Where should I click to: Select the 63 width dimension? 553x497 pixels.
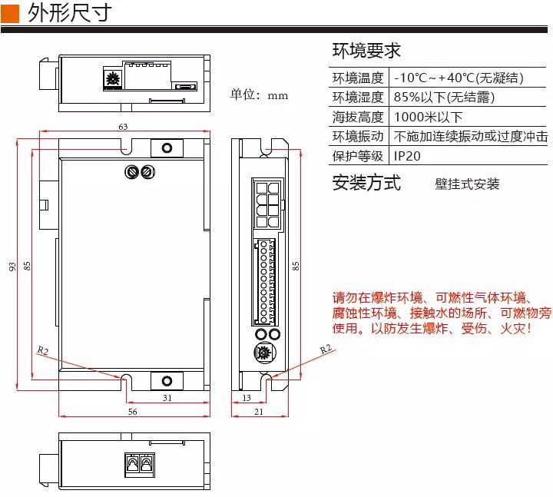click(123, 126)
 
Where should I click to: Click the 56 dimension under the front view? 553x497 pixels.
click(132, 413)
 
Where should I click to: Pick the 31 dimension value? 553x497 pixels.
click(167, 397)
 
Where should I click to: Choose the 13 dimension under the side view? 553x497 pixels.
click(246, 398)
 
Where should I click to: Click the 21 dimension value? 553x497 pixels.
click(258, 413)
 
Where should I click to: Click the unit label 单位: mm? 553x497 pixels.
click(260, 95)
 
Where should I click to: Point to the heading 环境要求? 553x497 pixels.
click(366, 51)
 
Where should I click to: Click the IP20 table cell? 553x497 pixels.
click(407, 156)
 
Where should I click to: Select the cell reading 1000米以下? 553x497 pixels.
click(428, 118)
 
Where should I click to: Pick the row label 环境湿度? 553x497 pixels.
click(358, 98)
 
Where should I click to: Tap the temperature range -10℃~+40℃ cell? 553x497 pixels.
click(459, 78)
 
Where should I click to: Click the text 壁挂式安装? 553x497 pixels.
click(467, 184)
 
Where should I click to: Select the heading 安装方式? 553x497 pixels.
click(366, 183)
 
